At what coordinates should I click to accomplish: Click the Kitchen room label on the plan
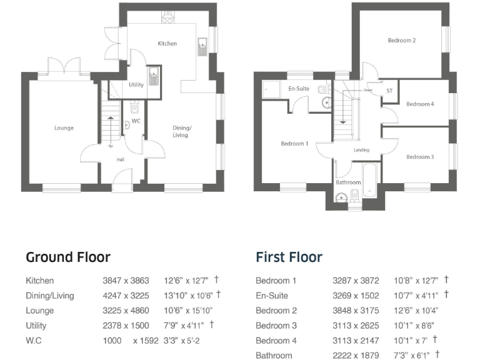coord(167,44)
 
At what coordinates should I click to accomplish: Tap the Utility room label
coord(136,85)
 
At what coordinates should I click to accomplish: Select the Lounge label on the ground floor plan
coord(64,128)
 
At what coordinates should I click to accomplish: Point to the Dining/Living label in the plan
coord(182,131)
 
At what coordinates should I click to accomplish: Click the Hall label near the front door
coord(121,159)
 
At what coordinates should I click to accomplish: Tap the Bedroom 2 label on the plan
coord(402,41)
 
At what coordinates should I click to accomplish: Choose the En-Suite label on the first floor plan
coord(298,89)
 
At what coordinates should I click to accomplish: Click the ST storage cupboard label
coord(389,91)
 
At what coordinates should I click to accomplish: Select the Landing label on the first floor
coord(361,150)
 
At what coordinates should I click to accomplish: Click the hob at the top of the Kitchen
coord(167,19)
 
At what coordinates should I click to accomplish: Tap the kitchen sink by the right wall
coord(202,47)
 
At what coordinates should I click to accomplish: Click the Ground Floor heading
coord(68,257)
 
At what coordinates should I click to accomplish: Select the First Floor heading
coord(289,257)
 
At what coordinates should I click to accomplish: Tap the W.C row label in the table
coord(34,341)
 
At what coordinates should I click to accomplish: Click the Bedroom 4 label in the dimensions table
coord(276,341)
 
